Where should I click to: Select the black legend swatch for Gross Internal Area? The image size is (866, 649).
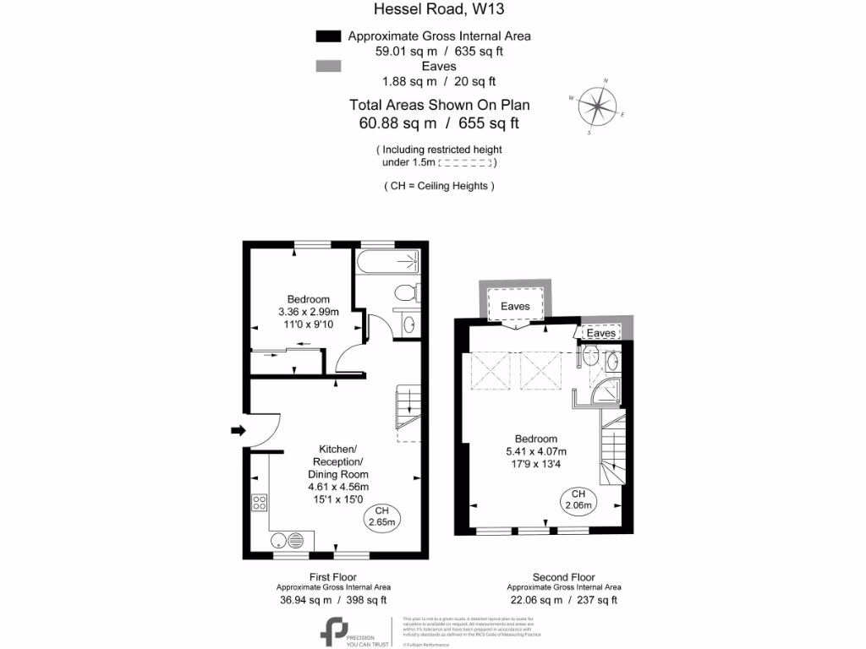point(327,36)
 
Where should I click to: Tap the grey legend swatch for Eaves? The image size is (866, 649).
point(327,66)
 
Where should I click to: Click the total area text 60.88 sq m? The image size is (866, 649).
point(397,123)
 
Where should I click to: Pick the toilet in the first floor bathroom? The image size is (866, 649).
point(406,293)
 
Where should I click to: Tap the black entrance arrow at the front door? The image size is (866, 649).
point(238,430)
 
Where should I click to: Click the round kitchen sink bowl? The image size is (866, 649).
point(277,540)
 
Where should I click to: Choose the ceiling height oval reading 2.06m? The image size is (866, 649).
point(578,499)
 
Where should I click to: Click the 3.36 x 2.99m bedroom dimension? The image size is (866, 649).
point(308,311)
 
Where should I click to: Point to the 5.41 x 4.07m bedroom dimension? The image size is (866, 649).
point(536,451)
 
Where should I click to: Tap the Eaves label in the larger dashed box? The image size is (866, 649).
point(515,306)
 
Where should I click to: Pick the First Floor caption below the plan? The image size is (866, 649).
point(333,577)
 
